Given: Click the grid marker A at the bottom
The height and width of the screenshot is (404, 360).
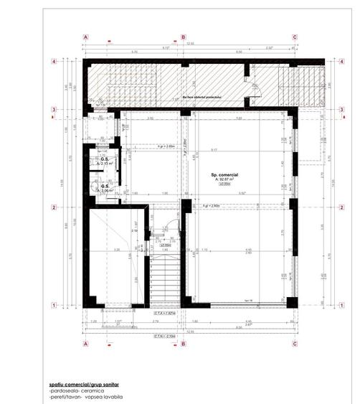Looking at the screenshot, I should point(85,344).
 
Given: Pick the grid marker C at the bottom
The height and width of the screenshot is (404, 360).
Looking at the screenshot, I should point(295,344).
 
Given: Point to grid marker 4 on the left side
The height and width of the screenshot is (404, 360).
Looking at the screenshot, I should point(55,62).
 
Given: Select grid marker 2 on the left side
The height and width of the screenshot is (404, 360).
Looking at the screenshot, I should point(55,208).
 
